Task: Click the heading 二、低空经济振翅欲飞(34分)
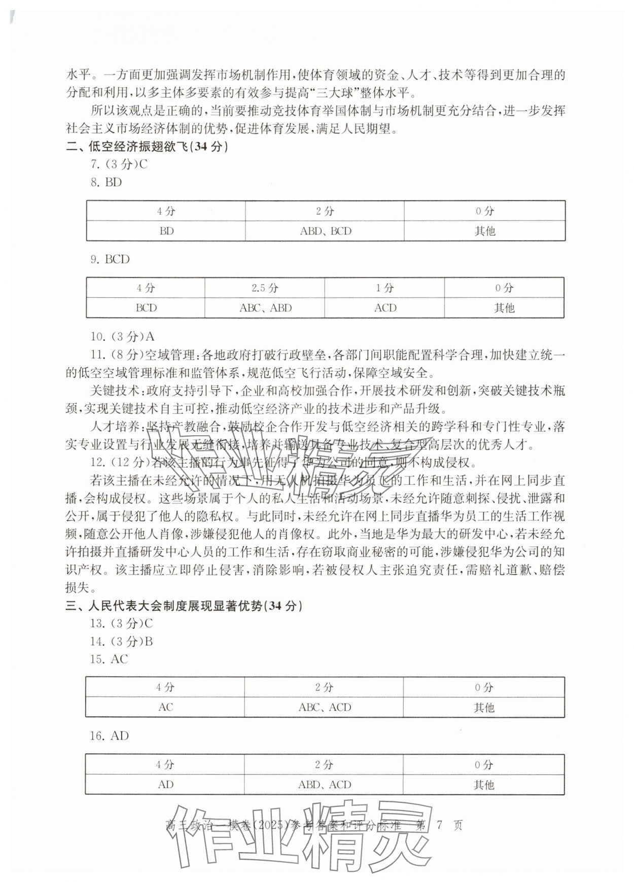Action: tap(147, 147)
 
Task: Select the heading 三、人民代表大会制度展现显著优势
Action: tap(184, 606)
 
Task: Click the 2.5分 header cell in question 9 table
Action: tap(265, 288)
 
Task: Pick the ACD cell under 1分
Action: tap(385, 308)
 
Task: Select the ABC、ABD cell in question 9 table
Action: tap(265, 308)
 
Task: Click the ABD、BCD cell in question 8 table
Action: tap(325, 231)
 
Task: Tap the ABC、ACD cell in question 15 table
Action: tap(324, 708)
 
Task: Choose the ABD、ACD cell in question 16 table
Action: tap(324, 785)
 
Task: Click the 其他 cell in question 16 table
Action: tap(483, 785)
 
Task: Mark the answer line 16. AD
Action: tap(109, 736)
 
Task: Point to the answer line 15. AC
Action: tap(109, 659)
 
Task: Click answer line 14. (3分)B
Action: tap(121, 642)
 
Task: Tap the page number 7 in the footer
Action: tap(440, 825)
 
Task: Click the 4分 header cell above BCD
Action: tap(146, 288)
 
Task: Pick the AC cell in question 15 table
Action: tap(166, 708)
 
